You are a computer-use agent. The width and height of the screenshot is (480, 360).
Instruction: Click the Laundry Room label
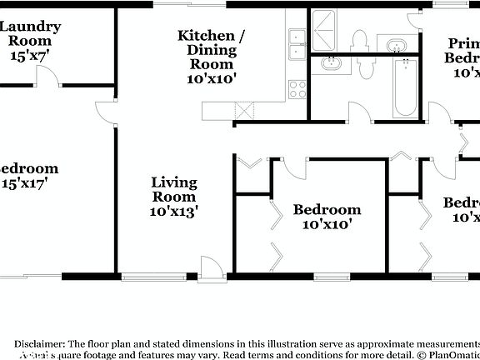(25, 33)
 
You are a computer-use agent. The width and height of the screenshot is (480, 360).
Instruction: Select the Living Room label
(174, 190)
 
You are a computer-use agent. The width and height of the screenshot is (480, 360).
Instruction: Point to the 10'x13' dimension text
(174, 212)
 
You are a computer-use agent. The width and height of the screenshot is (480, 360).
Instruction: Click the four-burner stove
(296, 89)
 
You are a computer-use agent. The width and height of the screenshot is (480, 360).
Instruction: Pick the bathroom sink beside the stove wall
(332, 63)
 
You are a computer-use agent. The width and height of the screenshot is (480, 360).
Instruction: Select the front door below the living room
(213, 267)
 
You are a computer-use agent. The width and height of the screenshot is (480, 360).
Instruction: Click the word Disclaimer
(38, 343)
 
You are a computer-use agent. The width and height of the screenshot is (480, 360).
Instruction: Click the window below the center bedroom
(334, 277)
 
